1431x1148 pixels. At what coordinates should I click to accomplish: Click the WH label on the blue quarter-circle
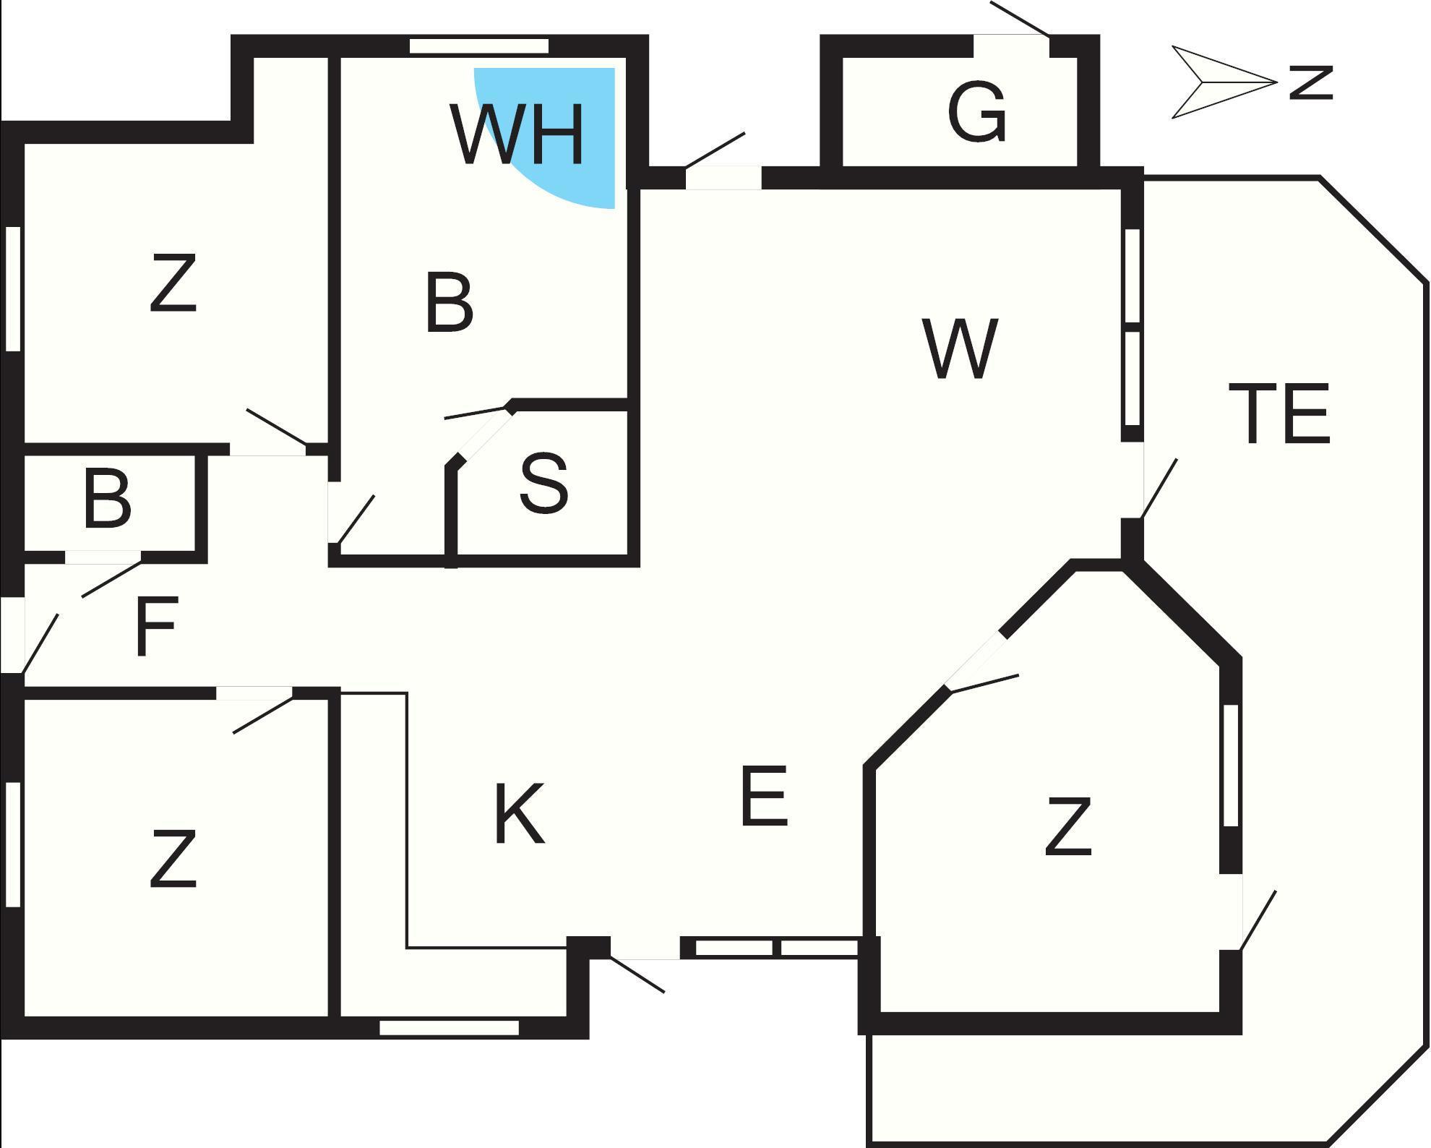click(x=517, y=135)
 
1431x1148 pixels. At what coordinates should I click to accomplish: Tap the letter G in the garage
click(x=976, y=112)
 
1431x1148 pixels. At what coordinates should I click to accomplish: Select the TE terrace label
click(x=1279, y=414)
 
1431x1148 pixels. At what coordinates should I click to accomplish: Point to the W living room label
click(x=961, y=348)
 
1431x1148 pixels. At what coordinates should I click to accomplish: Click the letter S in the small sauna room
click(x=543, y=483)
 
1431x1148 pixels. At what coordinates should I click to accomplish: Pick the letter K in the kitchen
click(x=519, y=814)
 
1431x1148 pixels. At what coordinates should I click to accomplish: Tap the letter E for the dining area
click(x=764, y=796)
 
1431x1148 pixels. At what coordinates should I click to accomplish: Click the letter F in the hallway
click(x=156, y=626)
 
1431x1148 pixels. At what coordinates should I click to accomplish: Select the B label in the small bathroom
click(x=107, y=498)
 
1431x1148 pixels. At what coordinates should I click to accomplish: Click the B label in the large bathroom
click(x=449, y=303)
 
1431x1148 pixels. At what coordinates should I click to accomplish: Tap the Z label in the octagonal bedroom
click(x=1068, y=827)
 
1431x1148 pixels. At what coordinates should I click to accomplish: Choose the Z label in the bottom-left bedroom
click(x=173, y=859)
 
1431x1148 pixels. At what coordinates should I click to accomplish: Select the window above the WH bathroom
click(x=478, y=46)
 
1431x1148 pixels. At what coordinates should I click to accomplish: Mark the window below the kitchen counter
click(x=449, y=1027)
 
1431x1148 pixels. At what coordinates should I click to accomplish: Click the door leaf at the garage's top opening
click(x=1020, y=19)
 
